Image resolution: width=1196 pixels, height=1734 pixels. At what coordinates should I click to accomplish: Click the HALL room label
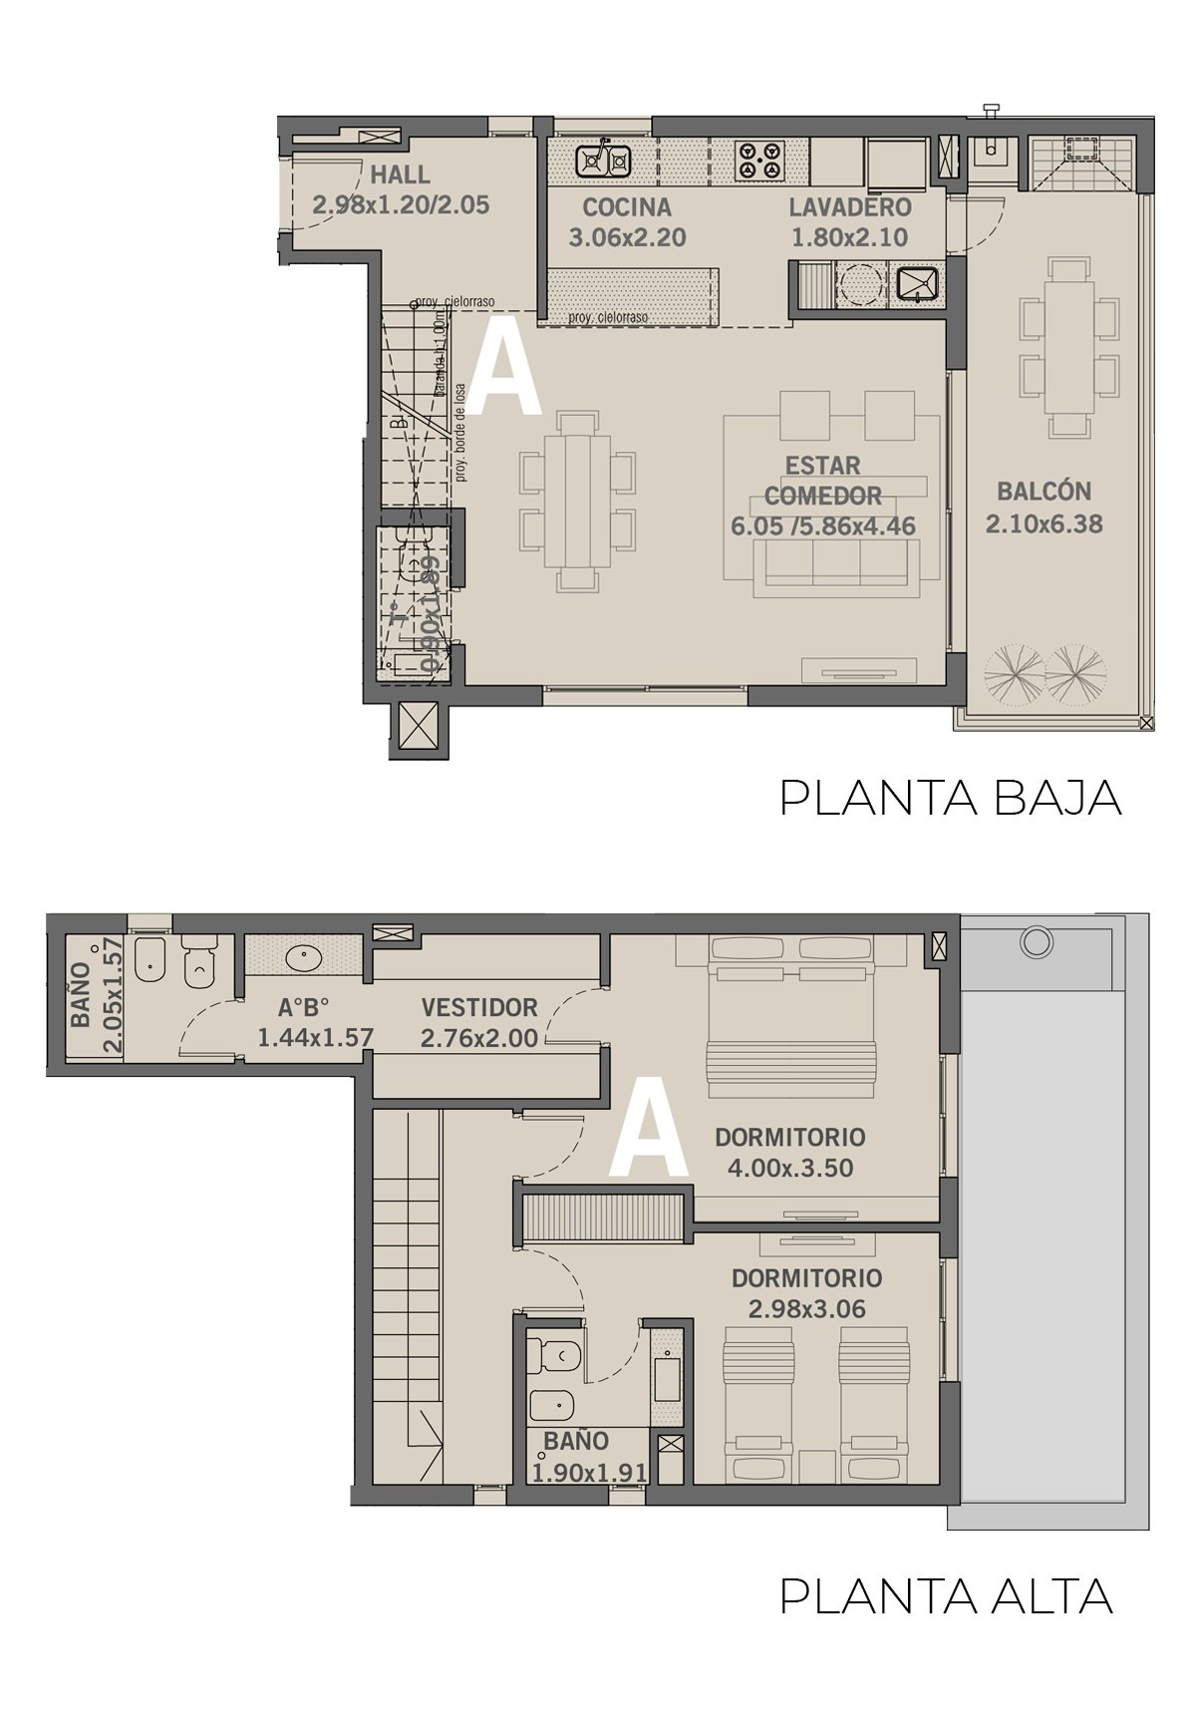pyautogui.click(x=401, y=175)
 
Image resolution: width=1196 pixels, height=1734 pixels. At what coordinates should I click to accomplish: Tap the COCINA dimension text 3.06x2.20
pyautogui.click(x=627, y=238)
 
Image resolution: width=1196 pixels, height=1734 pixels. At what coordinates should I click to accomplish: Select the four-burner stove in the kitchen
pyautogui.click(x=759, y=161)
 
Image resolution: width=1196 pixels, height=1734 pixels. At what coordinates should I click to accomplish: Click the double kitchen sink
pyautogui.click(x=604, y=160)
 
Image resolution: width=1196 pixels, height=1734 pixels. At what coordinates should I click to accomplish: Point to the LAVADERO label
pyautogui.click(x=850, y=207)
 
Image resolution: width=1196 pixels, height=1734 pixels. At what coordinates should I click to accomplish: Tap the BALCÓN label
pyautogui.click(x=1044, y=492)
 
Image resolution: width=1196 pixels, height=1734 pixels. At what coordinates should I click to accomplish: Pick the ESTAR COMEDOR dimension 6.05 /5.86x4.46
pyautogui.click(x=823, y=526)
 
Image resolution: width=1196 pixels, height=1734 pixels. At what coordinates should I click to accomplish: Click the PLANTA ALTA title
pyautogui.click(x=946, y=1596)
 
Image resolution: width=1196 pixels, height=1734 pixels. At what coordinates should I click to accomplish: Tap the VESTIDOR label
pyautogui.click(x=478, y=1007)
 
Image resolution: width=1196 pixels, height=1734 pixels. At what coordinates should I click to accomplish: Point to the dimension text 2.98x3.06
pyautogui.click(x=807, y=1309)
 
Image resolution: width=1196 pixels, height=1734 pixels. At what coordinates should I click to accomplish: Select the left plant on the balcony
pyautogui.click(x=1012, y=677)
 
